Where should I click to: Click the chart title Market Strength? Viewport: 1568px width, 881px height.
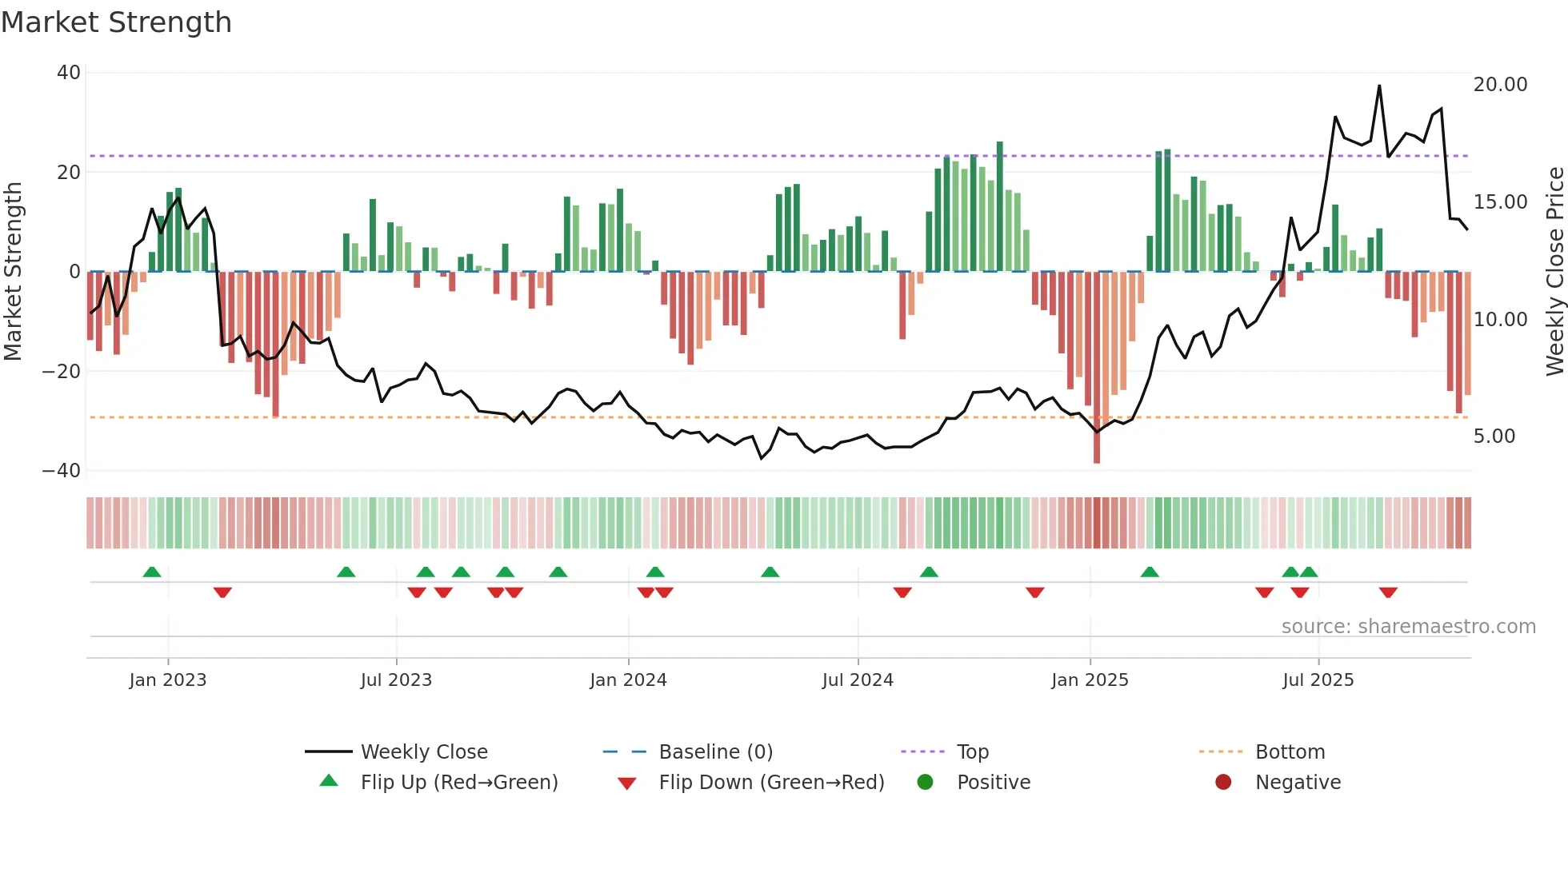(x=116, y=22)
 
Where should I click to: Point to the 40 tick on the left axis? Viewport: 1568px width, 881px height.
(x=69, y=73)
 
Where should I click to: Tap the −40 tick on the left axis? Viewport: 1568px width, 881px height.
(x=62, y=471)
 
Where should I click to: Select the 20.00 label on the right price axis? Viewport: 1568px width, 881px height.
(x=1500, y=85)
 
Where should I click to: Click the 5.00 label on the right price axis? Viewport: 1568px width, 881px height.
(x=1494, y=437)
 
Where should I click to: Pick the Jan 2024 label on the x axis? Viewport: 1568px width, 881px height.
(x=628, y=680)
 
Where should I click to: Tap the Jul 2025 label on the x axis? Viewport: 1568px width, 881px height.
(x=1318, y=680)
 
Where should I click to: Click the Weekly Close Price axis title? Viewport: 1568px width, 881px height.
(x=1554, y=272)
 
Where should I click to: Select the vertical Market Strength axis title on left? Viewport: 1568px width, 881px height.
(x=14, y=272)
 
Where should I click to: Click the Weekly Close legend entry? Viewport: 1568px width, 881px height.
(x=423, y=752)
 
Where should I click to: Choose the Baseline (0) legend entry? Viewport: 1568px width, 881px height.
(x=715, y=752)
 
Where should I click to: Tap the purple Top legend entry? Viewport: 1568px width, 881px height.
(x=972, y=752)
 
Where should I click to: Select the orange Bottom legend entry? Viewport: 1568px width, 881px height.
(x=1290, y=752)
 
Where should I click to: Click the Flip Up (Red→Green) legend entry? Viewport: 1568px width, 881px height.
(x=458, y=783)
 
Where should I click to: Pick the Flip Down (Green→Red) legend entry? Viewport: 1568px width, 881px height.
(x=771, y=783)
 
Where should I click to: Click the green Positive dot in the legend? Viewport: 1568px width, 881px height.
(x=926, y=783)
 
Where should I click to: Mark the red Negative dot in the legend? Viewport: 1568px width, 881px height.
(x=1223, y=783)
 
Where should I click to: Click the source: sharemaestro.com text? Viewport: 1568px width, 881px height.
(x=1408, y=627)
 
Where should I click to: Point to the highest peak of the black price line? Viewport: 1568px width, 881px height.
(x=1379, y=86)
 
